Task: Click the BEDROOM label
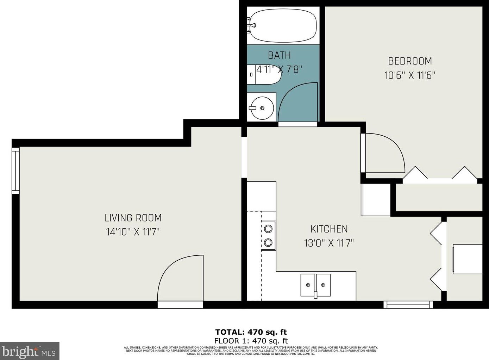[410, 61]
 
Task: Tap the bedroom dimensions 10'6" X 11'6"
[410, 75]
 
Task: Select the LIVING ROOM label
[133, 218]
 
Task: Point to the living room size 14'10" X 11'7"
[133, 232]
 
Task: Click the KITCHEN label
[329, 229]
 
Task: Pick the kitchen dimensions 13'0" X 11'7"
[329, 243]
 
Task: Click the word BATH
[279, 55]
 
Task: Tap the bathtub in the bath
[283, 25]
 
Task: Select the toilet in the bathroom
[262, 75]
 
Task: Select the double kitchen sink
[315, 285]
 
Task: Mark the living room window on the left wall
[15, 170]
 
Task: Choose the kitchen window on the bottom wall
[408, 304]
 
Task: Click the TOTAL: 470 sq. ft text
[251, 332]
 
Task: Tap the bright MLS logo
[30, 351]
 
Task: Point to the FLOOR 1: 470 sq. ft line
[251, 341]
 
